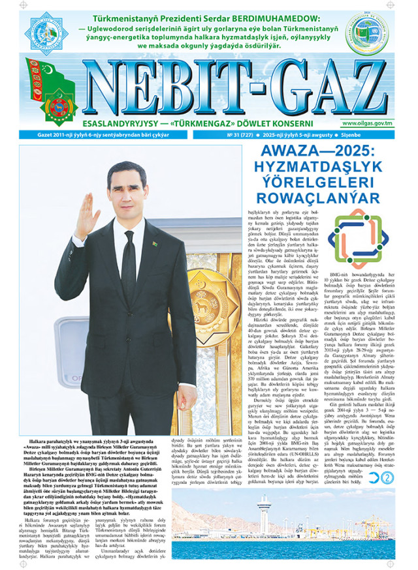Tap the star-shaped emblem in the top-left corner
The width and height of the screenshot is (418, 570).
[46, 33]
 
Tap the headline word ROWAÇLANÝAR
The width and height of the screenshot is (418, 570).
[319, 197]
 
